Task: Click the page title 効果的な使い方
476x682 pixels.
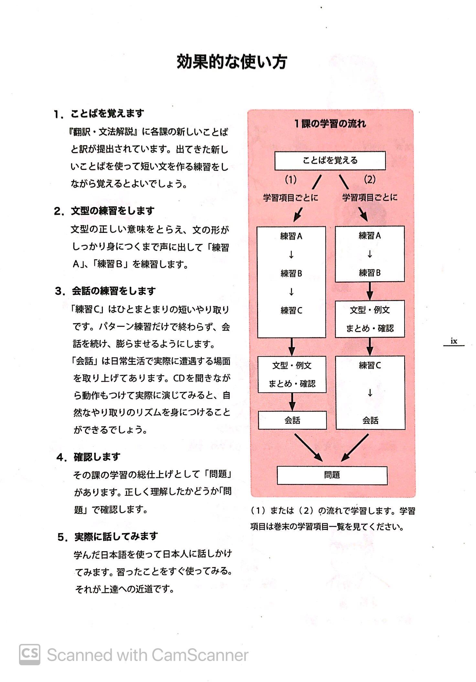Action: coord(232,62)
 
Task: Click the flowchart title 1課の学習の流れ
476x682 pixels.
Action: coord(330,124)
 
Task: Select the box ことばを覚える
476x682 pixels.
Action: coord(330,160)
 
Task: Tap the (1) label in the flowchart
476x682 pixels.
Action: coord(290,180)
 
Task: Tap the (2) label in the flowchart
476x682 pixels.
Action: coord(370,179)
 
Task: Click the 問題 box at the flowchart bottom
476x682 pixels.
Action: coord(332,475)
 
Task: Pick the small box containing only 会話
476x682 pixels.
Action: coord(292,420)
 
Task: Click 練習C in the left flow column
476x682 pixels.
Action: coord(291,310)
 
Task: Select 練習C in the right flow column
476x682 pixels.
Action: coord(370,365)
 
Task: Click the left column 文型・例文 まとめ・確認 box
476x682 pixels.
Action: coord(292,374)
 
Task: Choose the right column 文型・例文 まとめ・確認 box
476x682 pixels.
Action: coord(370,319)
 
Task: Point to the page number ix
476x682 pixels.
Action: coord(454,341)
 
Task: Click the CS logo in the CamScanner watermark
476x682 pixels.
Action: coord(29,654)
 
